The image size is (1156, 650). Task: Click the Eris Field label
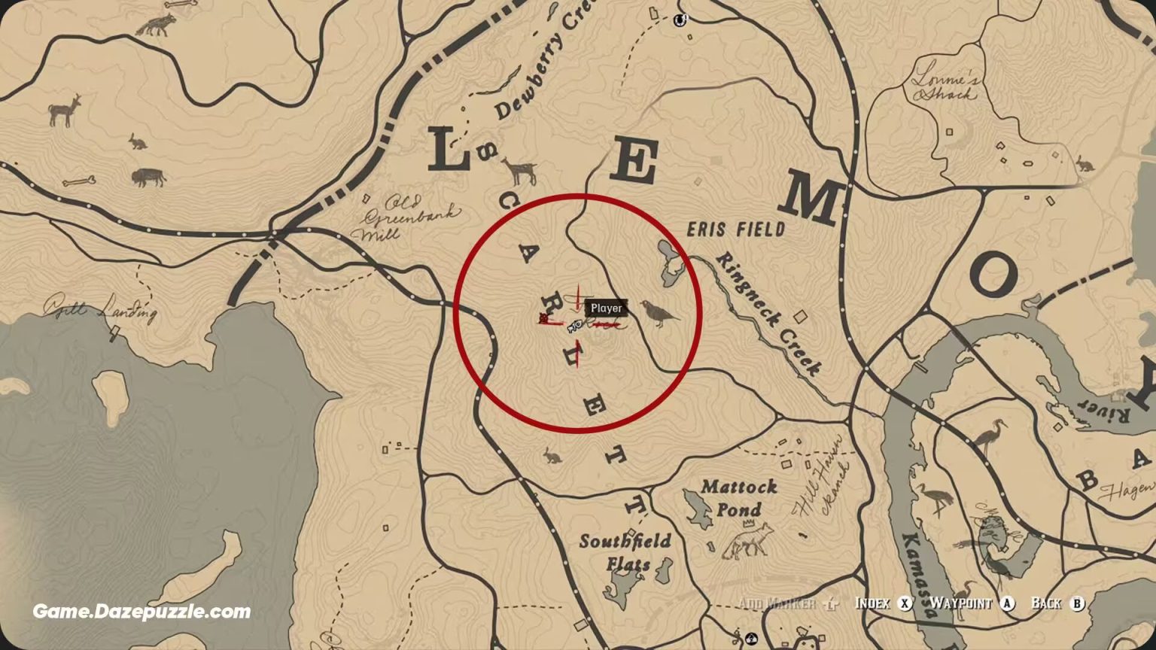(735, 229)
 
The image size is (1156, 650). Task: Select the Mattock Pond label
(738, 498)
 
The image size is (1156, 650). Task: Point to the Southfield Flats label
(625, 551)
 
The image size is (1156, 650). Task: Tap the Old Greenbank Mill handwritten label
(408, 217)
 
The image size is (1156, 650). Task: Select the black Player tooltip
(606, 308)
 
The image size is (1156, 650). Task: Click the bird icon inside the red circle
(658, 312)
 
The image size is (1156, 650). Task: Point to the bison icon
(148, 178)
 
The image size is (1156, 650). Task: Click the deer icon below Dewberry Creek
(520, 171)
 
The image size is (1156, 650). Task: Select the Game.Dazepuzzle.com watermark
(141, 612)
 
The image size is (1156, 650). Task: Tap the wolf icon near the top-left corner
(156, 26)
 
